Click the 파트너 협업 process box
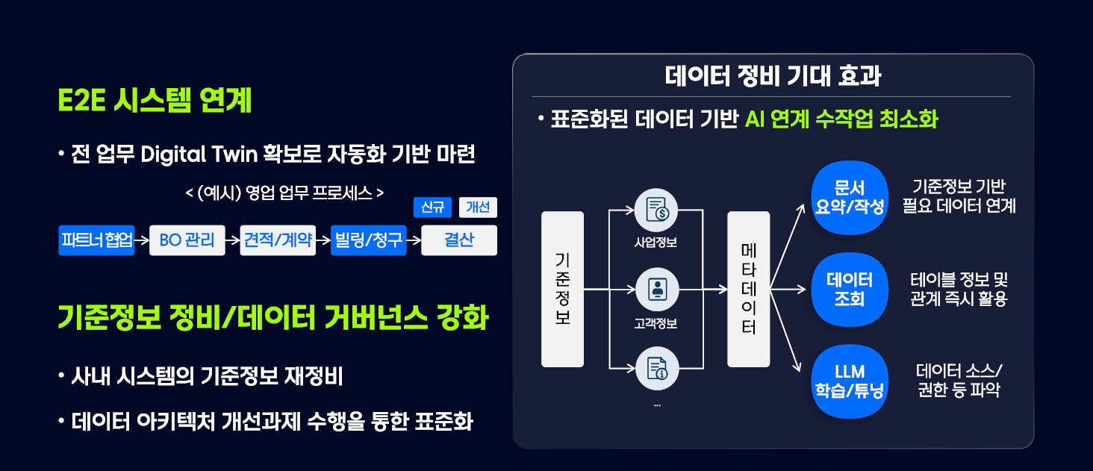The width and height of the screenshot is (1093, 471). (x=96, y=240)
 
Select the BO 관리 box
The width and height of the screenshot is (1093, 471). (x=187, y=240)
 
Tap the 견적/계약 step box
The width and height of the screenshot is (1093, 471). (x=278, y=240)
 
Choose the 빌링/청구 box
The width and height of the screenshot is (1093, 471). (x=369, y=240)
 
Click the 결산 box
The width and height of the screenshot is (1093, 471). (x=458, y=240)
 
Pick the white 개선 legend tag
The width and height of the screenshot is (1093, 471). (x=478, y=208)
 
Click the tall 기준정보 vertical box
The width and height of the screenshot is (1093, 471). (x=562, y=289)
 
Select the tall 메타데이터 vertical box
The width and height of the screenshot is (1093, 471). (x=748, y=289)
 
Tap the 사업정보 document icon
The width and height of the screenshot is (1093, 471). (x=657, y=210)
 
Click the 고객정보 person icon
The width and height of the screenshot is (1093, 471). (x=657, y=289)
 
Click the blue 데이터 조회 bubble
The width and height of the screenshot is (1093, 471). (x=850, y=290)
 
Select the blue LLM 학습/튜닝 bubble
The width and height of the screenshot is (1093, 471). (x=850, y=381)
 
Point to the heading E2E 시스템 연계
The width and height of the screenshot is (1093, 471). (x=155, y=101)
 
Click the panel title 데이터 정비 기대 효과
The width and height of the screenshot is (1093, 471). (x=772, y=77)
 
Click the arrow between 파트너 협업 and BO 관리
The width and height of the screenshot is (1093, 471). (x=142, y=240)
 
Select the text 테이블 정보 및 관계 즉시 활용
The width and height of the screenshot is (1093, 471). (x=959, y=290)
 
